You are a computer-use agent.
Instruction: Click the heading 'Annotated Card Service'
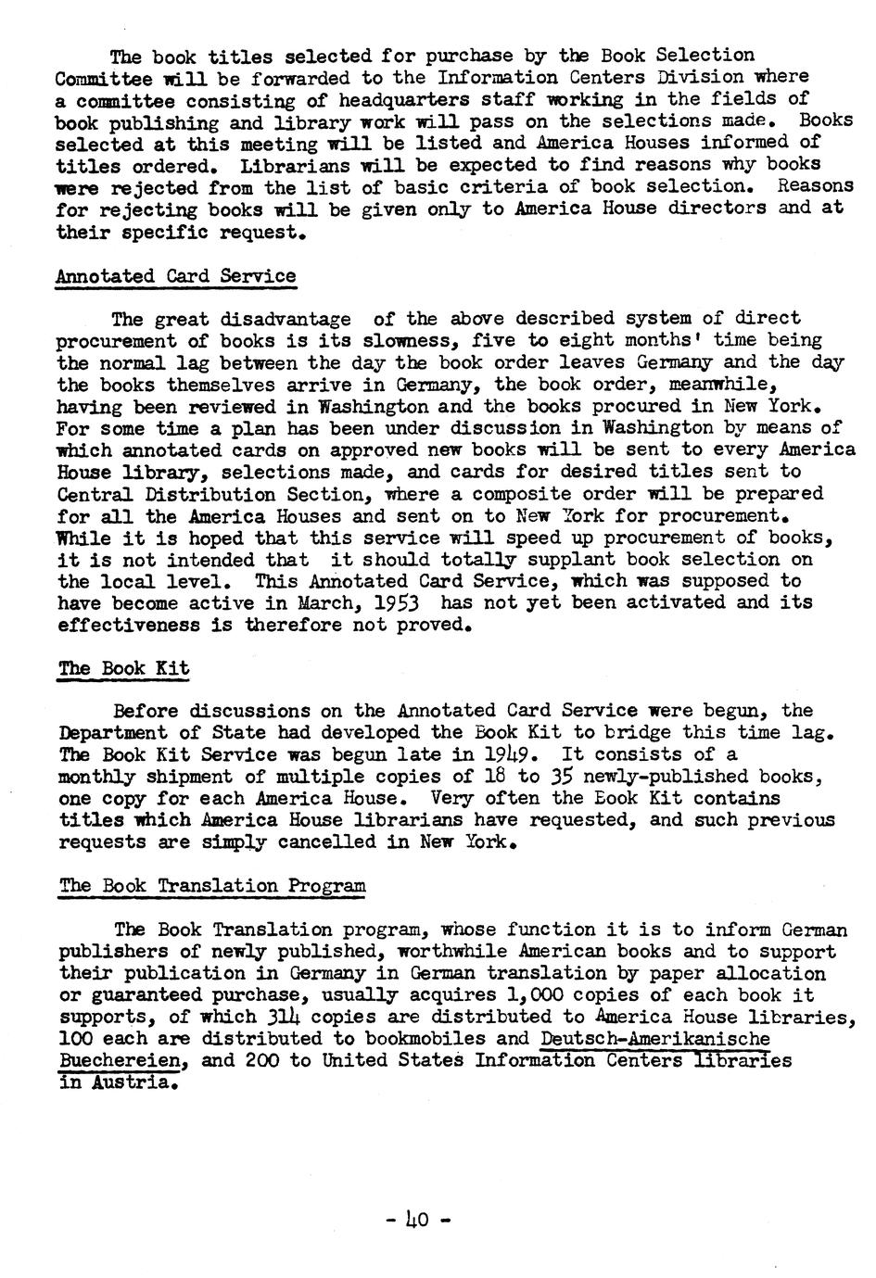coord(176,276)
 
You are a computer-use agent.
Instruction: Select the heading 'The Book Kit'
coord(124,668)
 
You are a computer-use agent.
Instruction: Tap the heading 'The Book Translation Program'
coord(212,885)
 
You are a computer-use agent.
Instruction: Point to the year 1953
coord(394,603)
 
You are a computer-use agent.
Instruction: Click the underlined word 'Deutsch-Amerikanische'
coord(655,1039)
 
